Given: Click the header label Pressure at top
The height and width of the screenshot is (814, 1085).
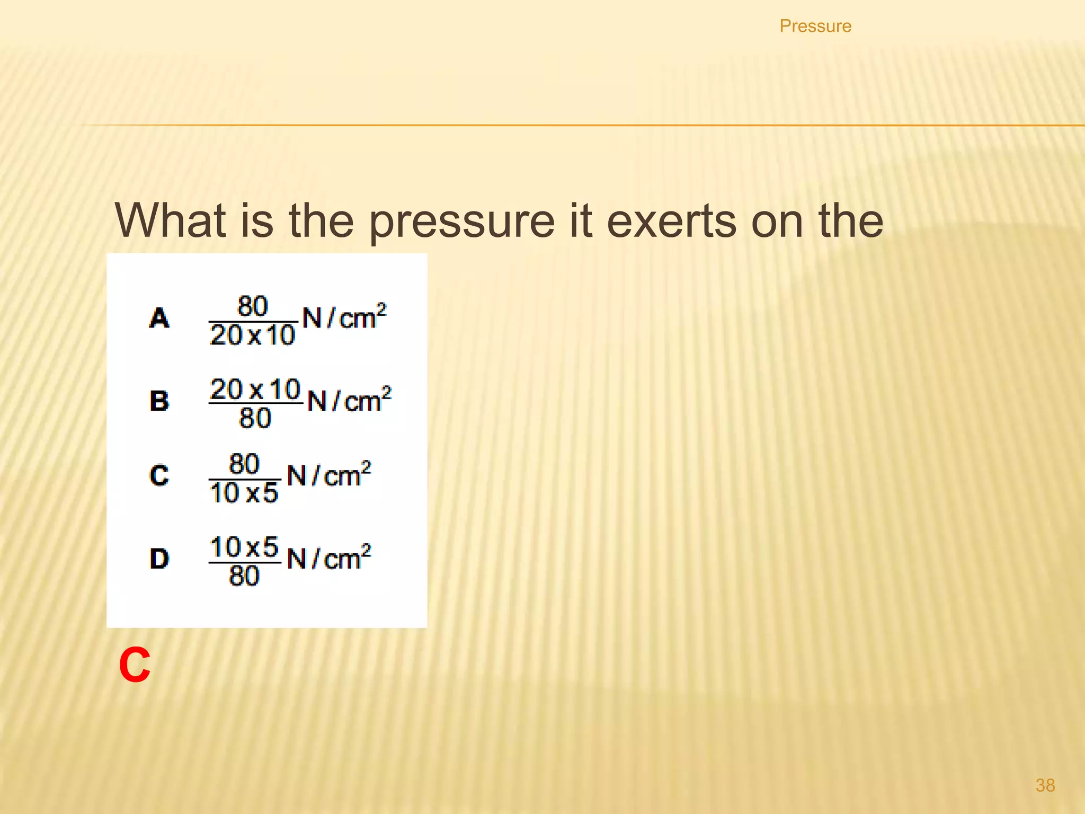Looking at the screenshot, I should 815,26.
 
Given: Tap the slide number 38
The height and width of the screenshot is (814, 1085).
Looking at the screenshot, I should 1045,785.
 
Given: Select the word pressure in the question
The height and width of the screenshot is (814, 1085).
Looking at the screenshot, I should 461,222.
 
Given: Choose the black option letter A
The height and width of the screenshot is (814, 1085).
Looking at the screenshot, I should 159,318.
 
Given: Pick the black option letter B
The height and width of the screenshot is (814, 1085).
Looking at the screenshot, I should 159,401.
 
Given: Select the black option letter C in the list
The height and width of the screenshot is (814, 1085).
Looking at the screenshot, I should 159,475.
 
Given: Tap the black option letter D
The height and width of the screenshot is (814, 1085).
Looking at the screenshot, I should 159,559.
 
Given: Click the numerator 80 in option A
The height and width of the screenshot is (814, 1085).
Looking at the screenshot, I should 252,306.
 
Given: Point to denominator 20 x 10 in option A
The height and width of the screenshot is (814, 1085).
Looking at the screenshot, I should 252,335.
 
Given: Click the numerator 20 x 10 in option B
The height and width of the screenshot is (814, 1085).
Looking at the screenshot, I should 255,390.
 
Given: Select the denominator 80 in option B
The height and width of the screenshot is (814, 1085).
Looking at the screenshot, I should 255,418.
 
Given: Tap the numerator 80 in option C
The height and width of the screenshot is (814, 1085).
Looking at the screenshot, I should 244,464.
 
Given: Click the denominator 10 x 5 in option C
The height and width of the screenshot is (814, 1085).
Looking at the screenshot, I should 244,493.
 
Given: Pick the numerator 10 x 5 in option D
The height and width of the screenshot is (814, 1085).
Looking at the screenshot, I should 244,547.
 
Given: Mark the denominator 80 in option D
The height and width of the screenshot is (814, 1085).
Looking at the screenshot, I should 244,576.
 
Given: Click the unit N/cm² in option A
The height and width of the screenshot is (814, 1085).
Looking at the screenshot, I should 344,317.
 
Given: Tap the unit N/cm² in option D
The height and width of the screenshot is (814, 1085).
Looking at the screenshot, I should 328,558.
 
